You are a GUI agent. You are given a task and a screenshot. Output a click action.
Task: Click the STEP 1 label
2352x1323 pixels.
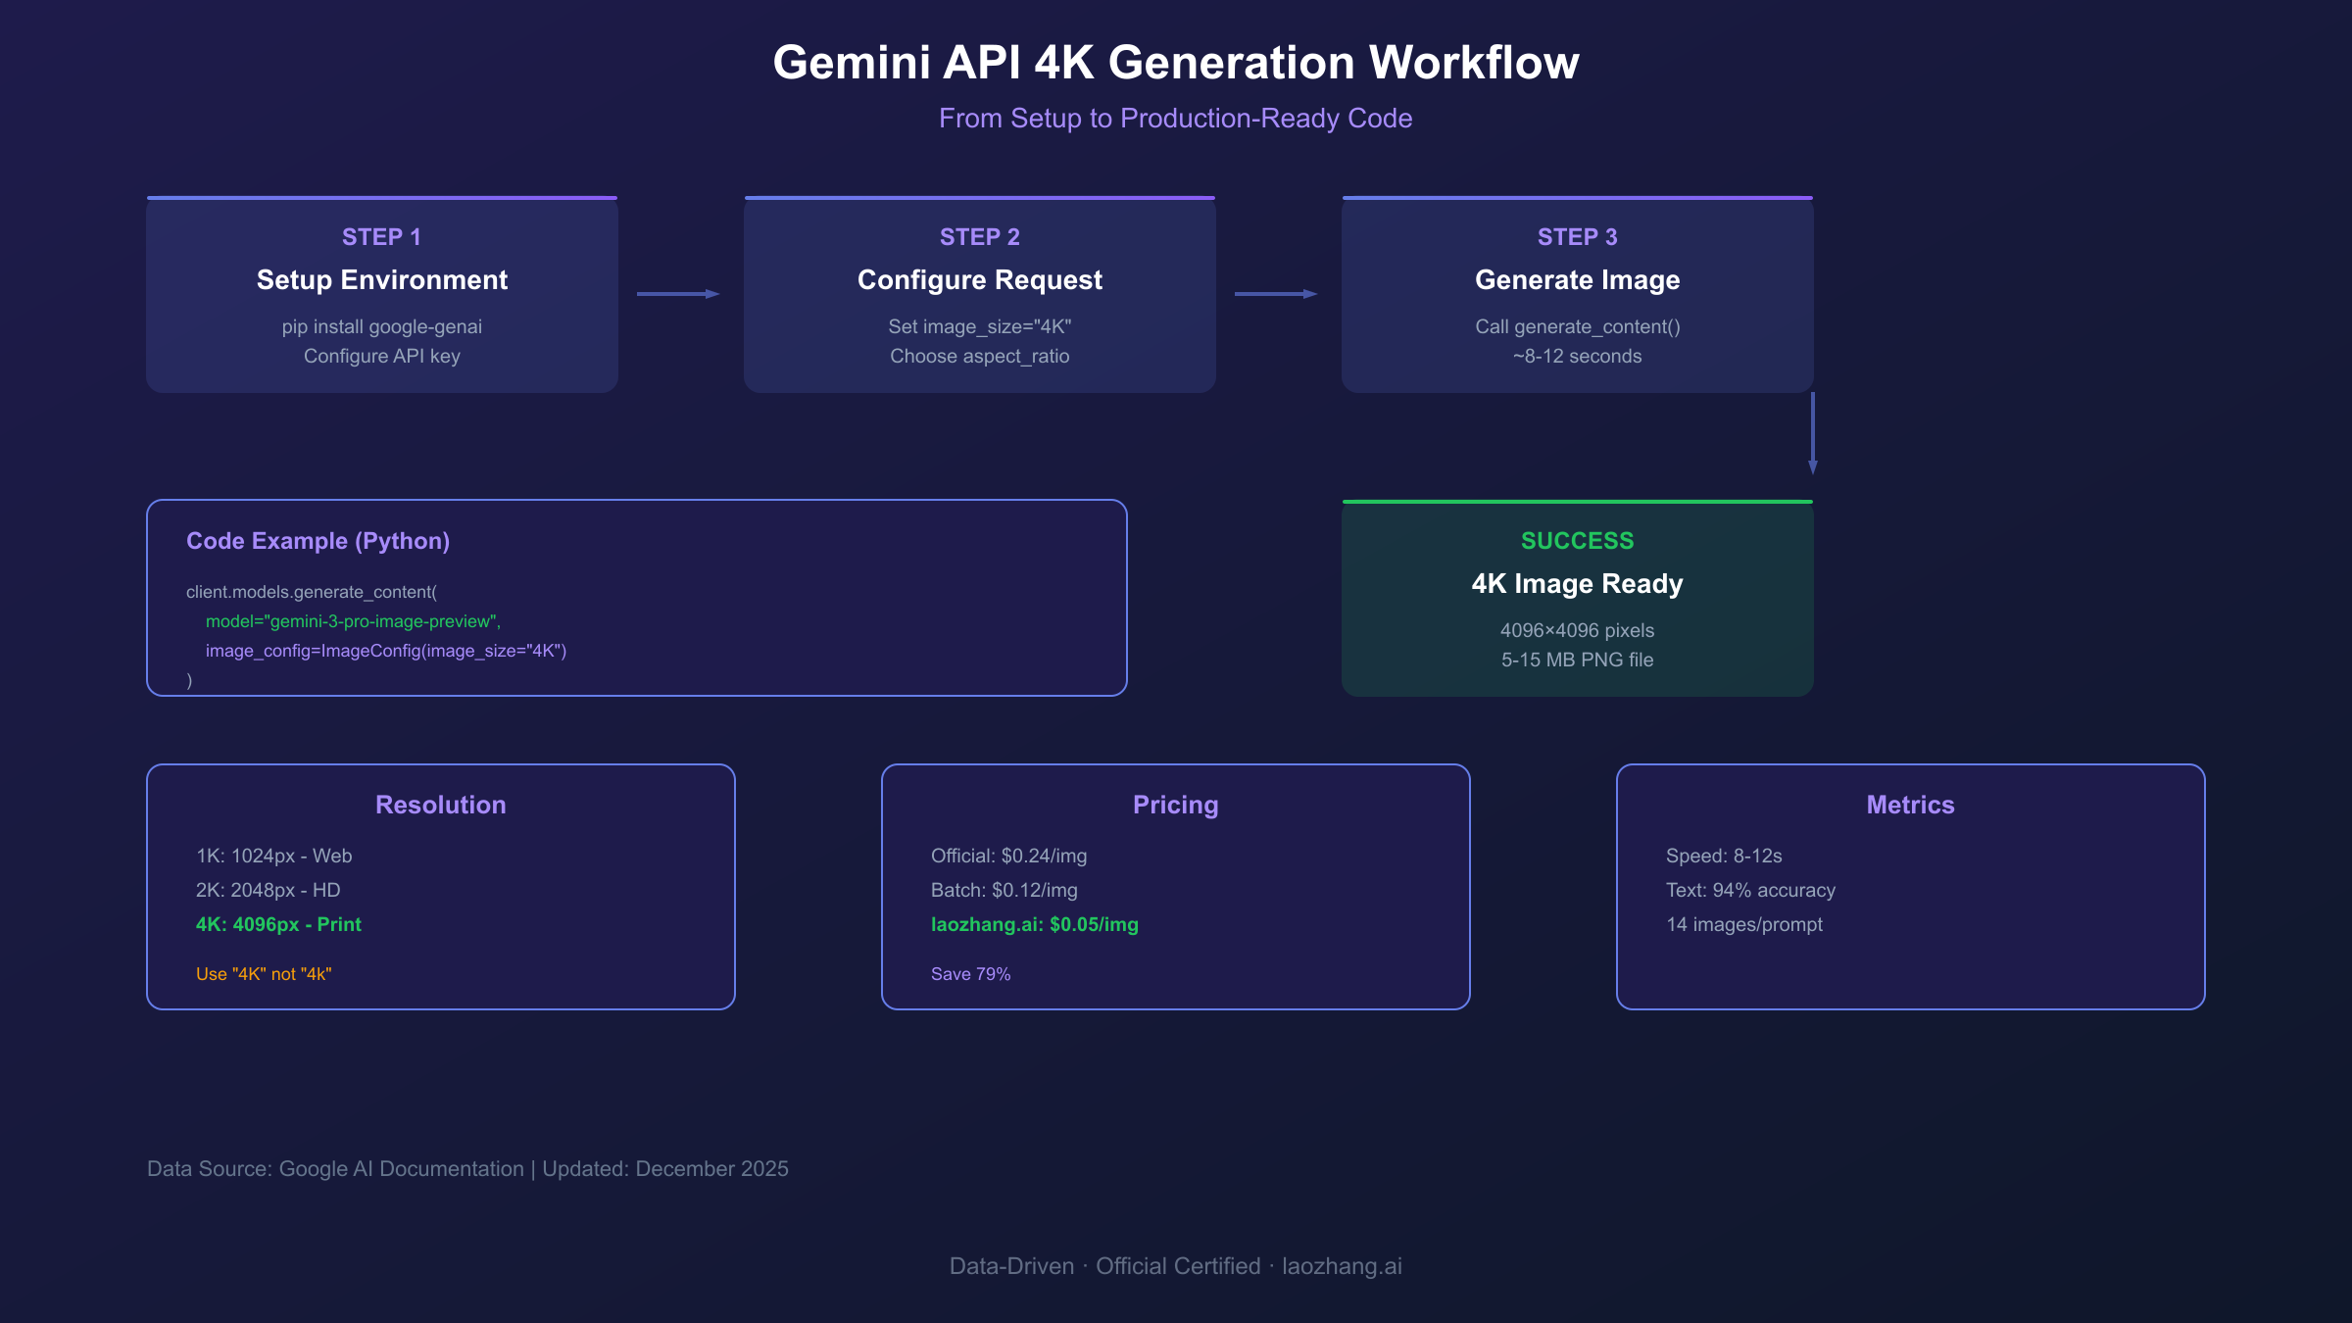click(381, 237)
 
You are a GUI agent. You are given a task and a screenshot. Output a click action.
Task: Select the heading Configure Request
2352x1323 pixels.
click(979, 280)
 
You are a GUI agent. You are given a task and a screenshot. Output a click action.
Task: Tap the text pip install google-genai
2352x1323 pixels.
click(381, 326)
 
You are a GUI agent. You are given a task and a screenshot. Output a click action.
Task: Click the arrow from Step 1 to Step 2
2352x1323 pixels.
click(678, 294)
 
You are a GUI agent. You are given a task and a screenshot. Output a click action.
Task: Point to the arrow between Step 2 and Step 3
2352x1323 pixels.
click(1276, 294)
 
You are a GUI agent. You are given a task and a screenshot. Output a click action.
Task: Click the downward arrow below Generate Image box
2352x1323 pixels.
click(1812, 433)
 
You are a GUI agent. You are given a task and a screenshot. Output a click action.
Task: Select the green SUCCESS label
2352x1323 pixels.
click(1577, 541)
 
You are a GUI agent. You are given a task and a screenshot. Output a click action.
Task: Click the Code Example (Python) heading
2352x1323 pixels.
click(318, 541)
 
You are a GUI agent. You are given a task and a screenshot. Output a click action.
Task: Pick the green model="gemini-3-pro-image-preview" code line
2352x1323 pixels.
click(353, 621)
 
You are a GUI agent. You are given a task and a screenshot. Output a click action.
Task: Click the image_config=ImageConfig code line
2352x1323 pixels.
click(385, 651)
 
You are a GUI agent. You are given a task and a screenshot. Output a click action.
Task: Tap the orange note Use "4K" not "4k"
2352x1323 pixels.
click(264, 974)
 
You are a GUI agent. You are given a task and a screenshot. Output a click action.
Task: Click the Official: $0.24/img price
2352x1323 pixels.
click(1008, 856)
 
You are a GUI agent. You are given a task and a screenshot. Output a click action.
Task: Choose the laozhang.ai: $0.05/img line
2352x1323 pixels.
click(1034, 924)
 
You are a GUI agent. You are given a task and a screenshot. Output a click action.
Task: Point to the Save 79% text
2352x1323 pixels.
click(970, 974)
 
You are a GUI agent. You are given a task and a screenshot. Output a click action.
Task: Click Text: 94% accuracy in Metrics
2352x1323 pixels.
click(1750, 890)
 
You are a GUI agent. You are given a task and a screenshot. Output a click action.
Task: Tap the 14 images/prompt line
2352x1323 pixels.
click(1744, 924)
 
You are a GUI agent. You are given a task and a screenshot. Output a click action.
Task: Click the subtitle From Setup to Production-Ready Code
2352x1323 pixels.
click(1175, 119)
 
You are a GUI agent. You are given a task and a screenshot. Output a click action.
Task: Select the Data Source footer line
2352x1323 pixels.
click(467, 1169)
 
